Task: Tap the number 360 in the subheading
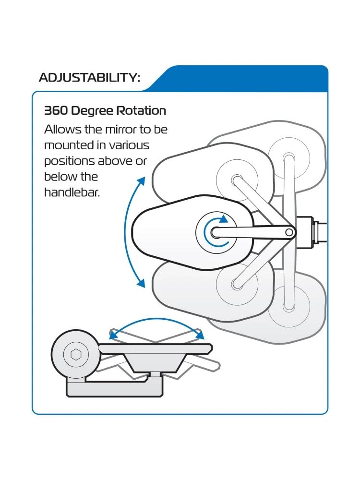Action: (x=56, y=111)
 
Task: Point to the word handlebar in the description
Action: (x=72, y=192)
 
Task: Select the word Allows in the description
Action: (x=60, y=130)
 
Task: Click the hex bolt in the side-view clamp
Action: (x=75, y=354)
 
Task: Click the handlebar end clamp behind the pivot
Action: (x=305, y=232)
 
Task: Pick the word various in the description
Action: (x=129, y=145)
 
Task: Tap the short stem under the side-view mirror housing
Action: (x=155, y=374)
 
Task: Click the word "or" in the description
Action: (x=141, y=161)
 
